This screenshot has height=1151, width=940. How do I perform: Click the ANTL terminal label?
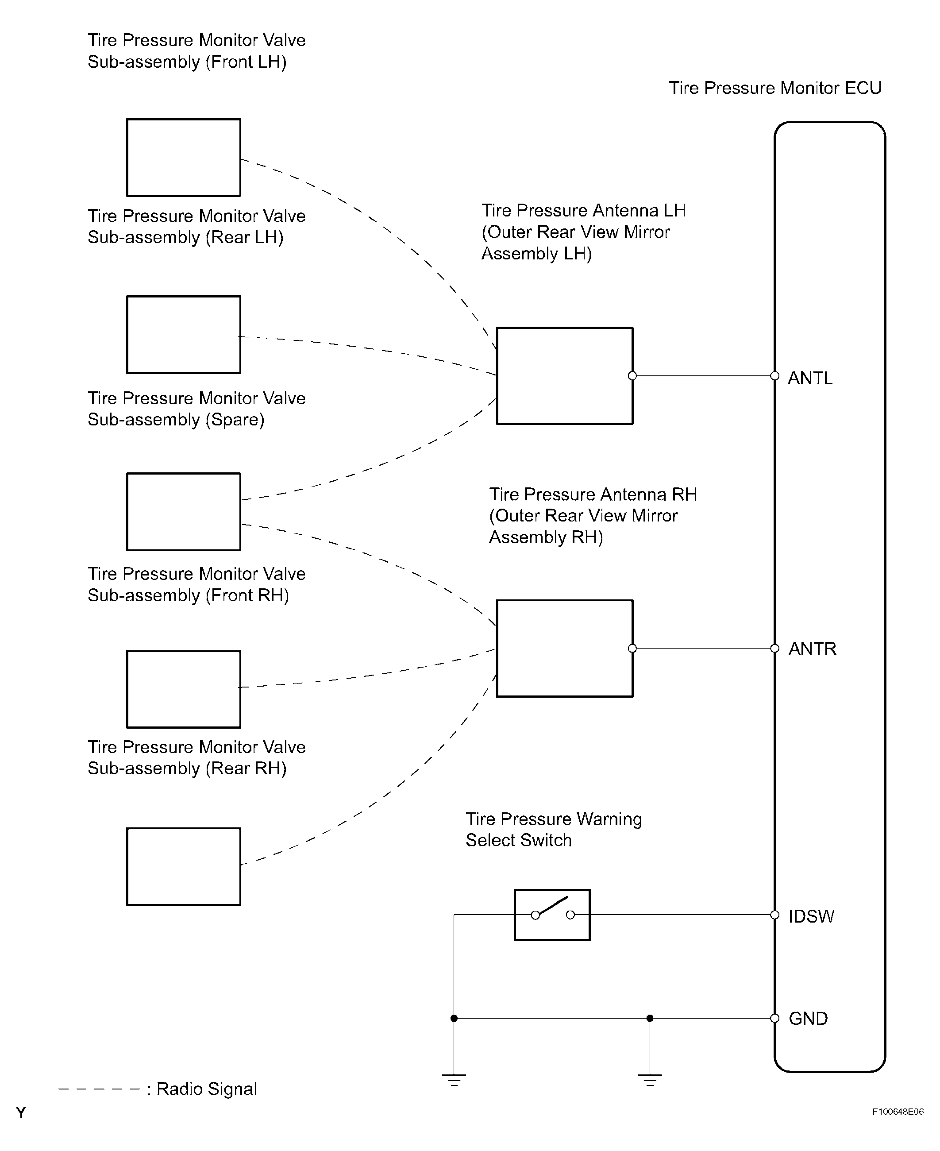pyautogui.click(x=809, y=378)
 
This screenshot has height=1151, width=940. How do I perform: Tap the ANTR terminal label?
pyautogui.click(x=812, y=649)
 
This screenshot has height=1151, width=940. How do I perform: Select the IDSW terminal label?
pyautogui.click(x=811, y=916)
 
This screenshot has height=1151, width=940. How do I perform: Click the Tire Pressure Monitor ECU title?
pyautogui.click(x=775, y=88)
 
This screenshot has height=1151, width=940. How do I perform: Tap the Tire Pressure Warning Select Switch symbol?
pyautogui.click(x=552, y=915)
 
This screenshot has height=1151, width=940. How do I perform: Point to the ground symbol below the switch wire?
pyautogui.click(x=454, y=1081)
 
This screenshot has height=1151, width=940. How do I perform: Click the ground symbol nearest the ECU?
pyautogui.click(x=650, y=1081)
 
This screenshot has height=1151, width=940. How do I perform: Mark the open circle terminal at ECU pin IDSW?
pyautogui.click(x=775, y=915)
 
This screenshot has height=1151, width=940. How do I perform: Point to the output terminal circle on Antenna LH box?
pyautogui.click(x=632, y=376)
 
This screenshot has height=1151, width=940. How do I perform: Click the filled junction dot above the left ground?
pyautogui.click(x=454, y=1018)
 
